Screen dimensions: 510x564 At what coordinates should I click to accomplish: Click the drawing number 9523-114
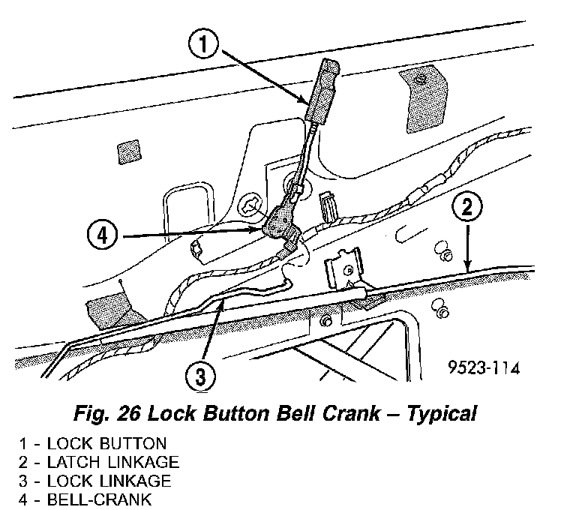tap(483, 369)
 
